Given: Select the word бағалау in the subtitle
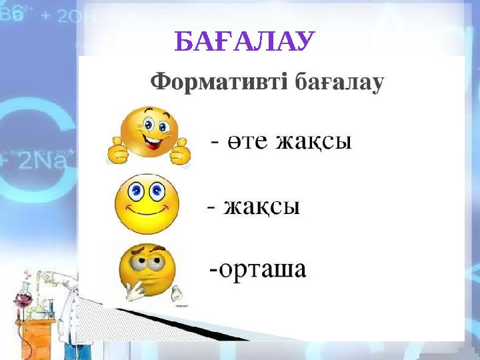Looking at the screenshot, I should pyautogui.click(x=339, y=83).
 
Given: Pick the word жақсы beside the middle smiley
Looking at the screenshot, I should pyautogui.click(x=261, y=208).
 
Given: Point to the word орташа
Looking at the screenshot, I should pyautogui.click(x=261, y=269).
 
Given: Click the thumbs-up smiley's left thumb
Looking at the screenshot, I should pyautogui.click(x=118, y=151).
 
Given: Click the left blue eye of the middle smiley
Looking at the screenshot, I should pyautogui.click(x=137, y=193).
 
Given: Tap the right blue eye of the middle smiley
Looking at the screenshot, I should pyautogui.click(x=158, y=192).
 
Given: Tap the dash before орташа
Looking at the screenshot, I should pyautogui.click(x=213, y=269).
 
